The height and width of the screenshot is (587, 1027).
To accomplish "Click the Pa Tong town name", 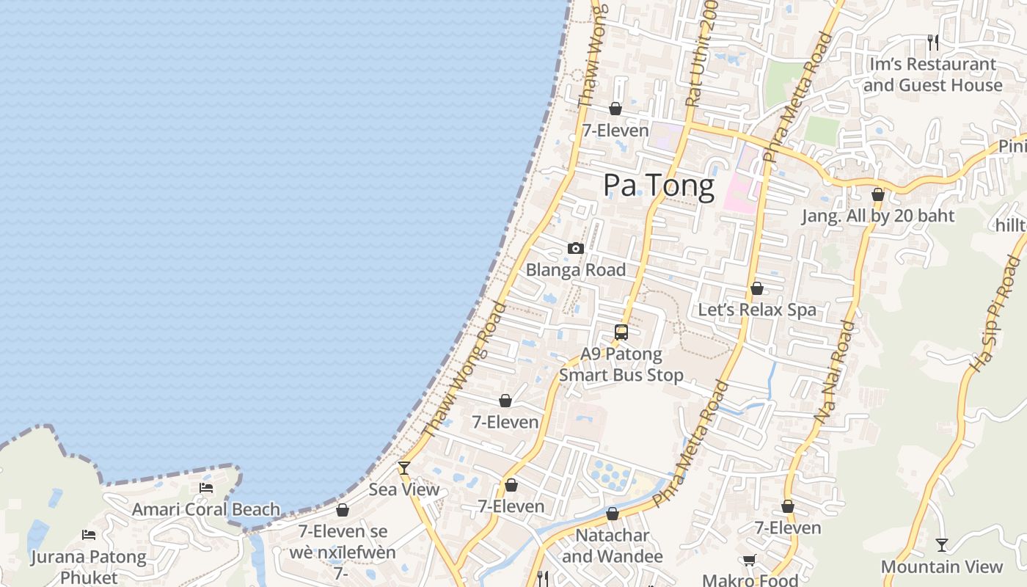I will [658, 186].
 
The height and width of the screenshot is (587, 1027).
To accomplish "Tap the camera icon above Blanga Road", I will [576, 249].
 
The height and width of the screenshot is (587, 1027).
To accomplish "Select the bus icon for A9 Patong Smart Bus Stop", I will [621, 332].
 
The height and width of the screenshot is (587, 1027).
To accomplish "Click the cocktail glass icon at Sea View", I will [403, 467].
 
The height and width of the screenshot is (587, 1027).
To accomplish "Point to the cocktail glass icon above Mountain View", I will [942, 545].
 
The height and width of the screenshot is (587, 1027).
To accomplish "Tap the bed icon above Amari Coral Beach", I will [206, 487].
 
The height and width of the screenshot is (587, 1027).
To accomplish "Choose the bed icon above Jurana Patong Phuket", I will [89, 535].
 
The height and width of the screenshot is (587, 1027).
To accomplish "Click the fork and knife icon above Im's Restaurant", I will [932, 42].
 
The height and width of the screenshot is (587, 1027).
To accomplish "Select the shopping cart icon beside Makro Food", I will [749, 561].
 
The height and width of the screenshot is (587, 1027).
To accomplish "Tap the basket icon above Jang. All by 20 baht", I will [878, 194].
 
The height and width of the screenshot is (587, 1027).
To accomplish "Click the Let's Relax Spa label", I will [757, 310].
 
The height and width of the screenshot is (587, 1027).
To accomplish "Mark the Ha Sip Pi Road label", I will [995, 313].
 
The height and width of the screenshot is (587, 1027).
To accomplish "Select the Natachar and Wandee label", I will [612, 546].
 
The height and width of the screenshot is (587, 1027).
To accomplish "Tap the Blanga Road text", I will [576, 270].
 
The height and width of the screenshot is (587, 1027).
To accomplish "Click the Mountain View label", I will [942, 566].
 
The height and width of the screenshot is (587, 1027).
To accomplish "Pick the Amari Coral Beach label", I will [206, 509].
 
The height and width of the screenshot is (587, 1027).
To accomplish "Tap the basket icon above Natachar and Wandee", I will [613, 514].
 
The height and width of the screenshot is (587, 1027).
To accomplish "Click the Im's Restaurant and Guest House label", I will [932, 75].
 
